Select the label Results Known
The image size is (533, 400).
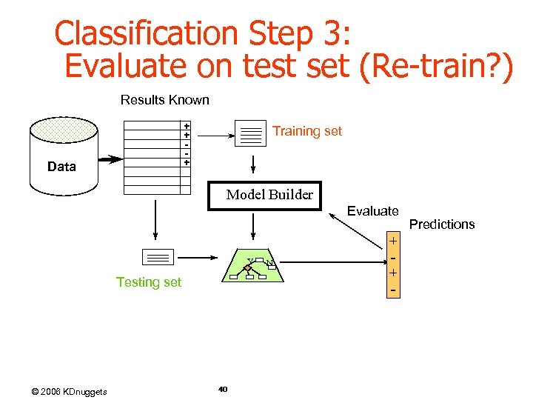(164, 100)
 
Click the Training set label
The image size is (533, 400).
(307, 131)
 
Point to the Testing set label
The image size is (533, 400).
(149, 282)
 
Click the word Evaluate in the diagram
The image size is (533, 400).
(373, 211)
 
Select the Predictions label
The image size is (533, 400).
(442, 224)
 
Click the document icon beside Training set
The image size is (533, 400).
(251, 133)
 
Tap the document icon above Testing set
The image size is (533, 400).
(156, 258)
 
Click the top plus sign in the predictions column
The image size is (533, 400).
(394, 241)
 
